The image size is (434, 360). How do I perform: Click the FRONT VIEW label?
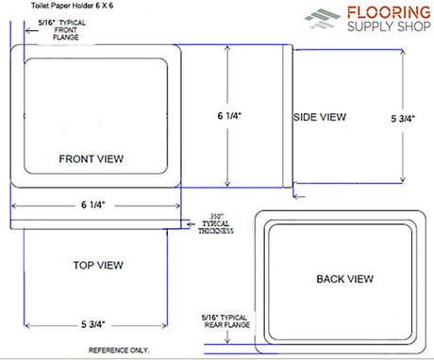(91, 159)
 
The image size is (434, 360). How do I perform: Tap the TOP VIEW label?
(98, 265)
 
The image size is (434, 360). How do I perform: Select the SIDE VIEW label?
(320, 117)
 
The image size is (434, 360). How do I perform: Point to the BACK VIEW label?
(344, 279)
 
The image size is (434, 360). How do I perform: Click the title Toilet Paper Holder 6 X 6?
(72, 6)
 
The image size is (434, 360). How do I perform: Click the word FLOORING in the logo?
(389, 12)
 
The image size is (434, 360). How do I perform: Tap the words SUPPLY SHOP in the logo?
(389, 26)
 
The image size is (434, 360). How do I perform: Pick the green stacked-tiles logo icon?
(323, 19)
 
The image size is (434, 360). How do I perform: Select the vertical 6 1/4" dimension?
(229, 116)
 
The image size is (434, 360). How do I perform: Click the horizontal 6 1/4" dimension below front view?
(93, 205)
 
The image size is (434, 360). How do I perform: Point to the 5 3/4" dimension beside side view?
(403, 119)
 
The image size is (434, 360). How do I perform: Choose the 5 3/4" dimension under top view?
(93, 324)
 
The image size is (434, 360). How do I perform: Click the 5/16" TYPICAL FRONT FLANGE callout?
(62, 30)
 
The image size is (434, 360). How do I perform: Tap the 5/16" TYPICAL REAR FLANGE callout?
(225, 321)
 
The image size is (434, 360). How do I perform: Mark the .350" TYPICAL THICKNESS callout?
(216, 223)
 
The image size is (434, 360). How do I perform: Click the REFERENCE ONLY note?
(119, 350)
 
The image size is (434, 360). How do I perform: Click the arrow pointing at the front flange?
(32, 31)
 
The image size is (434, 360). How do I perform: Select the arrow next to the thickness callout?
(191, 224)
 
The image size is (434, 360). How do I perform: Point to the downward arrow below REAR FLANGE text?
(227, 336)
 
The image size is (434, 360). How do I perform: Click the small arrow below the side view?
(299, 197)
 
